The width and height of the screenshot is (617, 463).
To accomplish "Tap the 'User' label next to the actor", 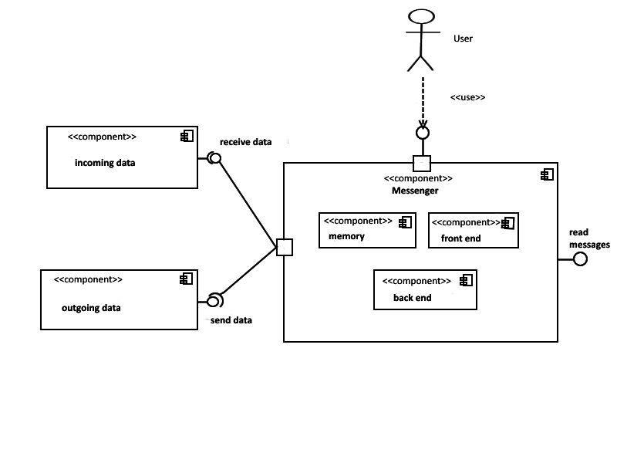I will click(463, 38).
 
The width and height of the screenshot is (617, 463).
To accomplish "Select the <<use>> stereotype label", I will click(467, 97).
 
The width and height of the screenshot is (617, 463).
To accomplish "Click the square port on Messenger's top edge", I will click(422, 163).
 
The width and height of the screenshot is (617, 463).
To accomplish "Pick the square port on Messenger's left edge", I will click(285, 248).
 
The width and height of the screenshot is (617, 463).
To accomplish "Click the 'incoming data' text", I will click(105, 163).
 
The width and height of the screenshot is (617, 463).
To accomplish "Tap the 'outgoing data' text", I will click(91, 308).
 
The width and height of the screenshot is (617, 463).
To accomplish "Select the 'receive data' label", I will click(245, 142).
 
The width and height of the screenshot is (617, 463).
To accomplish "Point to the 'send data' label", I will click(231, 319).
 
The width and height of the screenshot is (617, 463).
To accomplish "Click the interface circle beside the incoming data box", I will click(215, 158).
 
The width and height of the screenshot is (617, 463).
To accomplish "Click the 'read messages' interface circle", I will click(580, 259).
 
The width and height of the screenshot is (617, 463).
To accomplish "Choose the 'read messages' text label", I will click(589, 238).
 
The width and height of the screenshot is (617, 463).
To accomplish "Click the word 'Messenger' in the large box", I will click(415, 190).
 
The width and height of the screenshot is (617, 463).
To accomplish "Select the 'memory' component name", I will click(346, 236).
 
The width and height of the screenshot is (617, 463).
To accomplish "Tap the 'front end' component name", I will click(460, 238).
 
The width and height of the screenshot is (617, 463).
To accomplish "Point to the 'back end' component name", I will click(413, 297).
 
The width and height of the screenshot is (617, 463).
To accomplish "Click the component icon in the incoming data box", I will click(187, 137).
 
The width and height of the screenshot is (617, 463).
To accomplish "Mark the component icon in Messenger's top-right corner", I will click(547, 174).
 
